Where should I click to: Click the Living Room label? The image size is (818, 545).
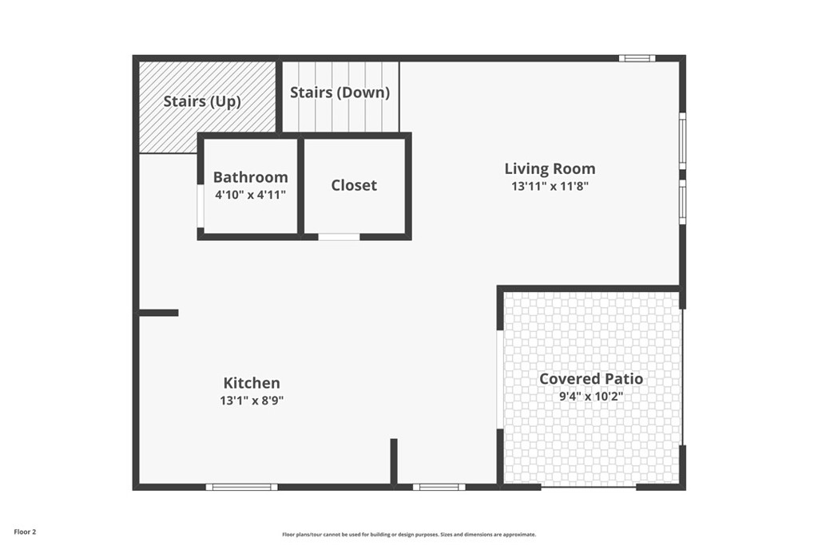[550, 168]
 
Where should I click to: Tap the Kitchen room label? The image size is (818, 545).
[252, 383]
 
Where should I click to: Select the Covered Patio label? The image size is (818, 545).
[591, 378]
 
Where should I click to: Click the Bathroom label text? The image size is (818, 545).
[250, 177]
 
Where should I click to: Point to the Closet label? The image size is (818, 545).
[354, 185]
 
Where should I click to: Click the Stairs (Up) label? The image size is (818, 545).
[202, 101]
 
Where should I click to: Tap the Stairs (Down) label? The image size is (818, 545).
[340, 93]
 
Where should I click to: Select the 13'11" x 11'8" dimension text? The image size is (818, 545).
[550, 187]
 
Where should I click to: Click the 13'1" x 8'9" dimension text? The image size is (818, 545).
[252, 401]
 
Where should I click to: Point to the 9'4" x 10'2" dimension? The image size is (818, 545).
[591, 395]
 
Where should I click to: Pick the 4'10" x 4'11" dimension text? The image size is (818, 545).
[250, 194]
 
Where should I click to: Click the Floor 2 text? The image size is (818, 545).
[25, 531]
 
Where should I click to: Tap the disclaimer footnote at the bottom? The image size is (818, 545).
[408, 535]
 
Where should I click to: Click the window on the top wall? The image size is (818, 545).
[637, 58]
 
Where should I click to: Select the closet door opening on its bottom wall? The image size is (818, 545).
[339, 236]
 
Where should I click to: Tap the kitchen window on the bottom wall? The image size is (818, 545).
[241, 487]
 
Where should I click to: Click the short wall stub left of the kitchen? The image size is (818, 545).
[158, 313]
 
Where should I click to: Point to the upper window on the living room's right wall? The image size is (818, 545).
[682, 140]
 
